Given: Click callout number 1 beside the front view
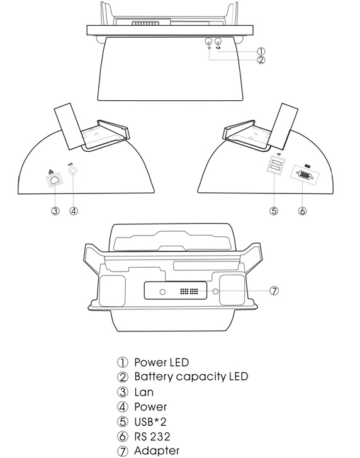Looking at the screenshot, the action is point(261,52).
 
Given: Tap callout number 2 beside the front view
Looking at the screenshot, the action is point(261,60).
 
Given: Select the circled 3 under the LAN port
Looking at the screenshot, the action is point(55,210).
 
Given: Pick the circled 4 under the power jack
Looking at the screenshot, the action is point(74,210).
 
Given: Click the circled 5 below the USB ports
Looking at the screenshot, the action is point(274,210).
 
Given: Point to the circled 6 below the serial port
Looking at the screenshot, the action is point(303,210).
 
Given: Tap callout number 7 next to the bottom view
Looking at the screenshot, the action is point(274,290).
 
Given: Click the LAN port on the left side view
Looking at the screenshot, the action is point(55,180).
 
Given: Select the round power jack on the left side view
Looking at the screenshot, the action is point(73,171).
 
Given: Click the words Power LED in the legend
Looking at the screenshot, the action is point(161,362).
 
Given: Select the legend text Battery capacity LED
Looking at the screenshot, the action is point(191,377).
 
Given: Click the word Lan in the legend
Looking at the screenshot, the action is point(144,392).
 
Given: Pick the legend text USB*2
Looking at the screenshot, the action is point(150,422).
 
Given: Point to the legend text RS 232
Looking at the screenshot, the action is point(152,437).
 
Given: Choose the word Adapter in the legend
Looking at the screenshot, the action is point(157,451).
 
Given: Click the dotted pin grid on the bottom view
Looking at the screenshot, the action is point(189,291).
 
